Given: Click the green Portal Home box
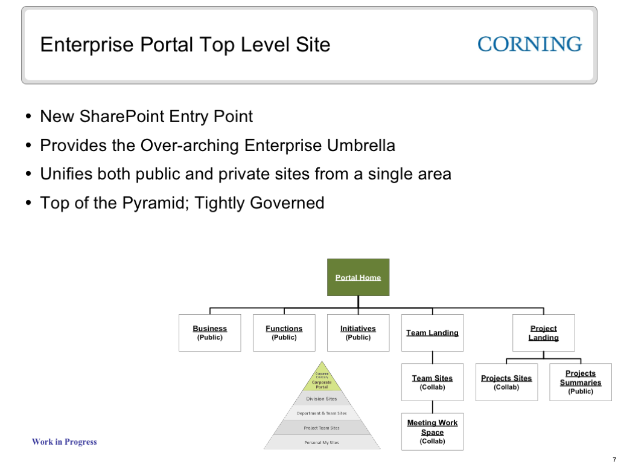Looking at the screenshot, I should coord(358,277).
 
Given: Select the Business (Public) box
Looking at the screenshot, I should coord(209,333).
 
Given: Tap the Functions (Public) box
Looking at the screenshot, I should coord(284,333).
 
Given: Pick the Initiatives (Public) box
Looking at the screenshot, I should coord(358,333).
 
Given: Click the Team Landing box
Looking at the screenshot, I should coord(432,333).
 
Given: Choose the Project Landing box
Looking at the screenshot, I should coord(543,333).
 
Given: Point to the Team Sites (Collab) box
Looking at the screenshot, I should coord(432,382).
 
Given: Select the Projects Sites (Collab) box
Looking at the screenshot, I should coord(506,382).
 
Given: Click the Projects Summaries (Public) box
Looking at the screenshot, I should coord(581,382).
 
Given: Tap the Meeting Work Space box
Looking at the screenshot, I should coord(432,431).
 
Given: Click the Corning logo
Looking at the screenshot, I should coord(530,44).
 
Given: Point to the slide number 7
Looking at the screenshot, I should coord(614,460).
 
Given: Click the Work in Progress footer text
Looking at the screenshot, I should coord(64,442).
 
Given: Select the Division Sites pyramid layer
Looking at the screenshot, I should coord(322,399).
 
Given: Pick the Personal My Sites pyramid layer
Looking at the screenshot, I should coord(322,442).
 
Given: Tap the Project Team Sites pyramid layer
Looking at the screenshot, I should coord(322,428).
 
